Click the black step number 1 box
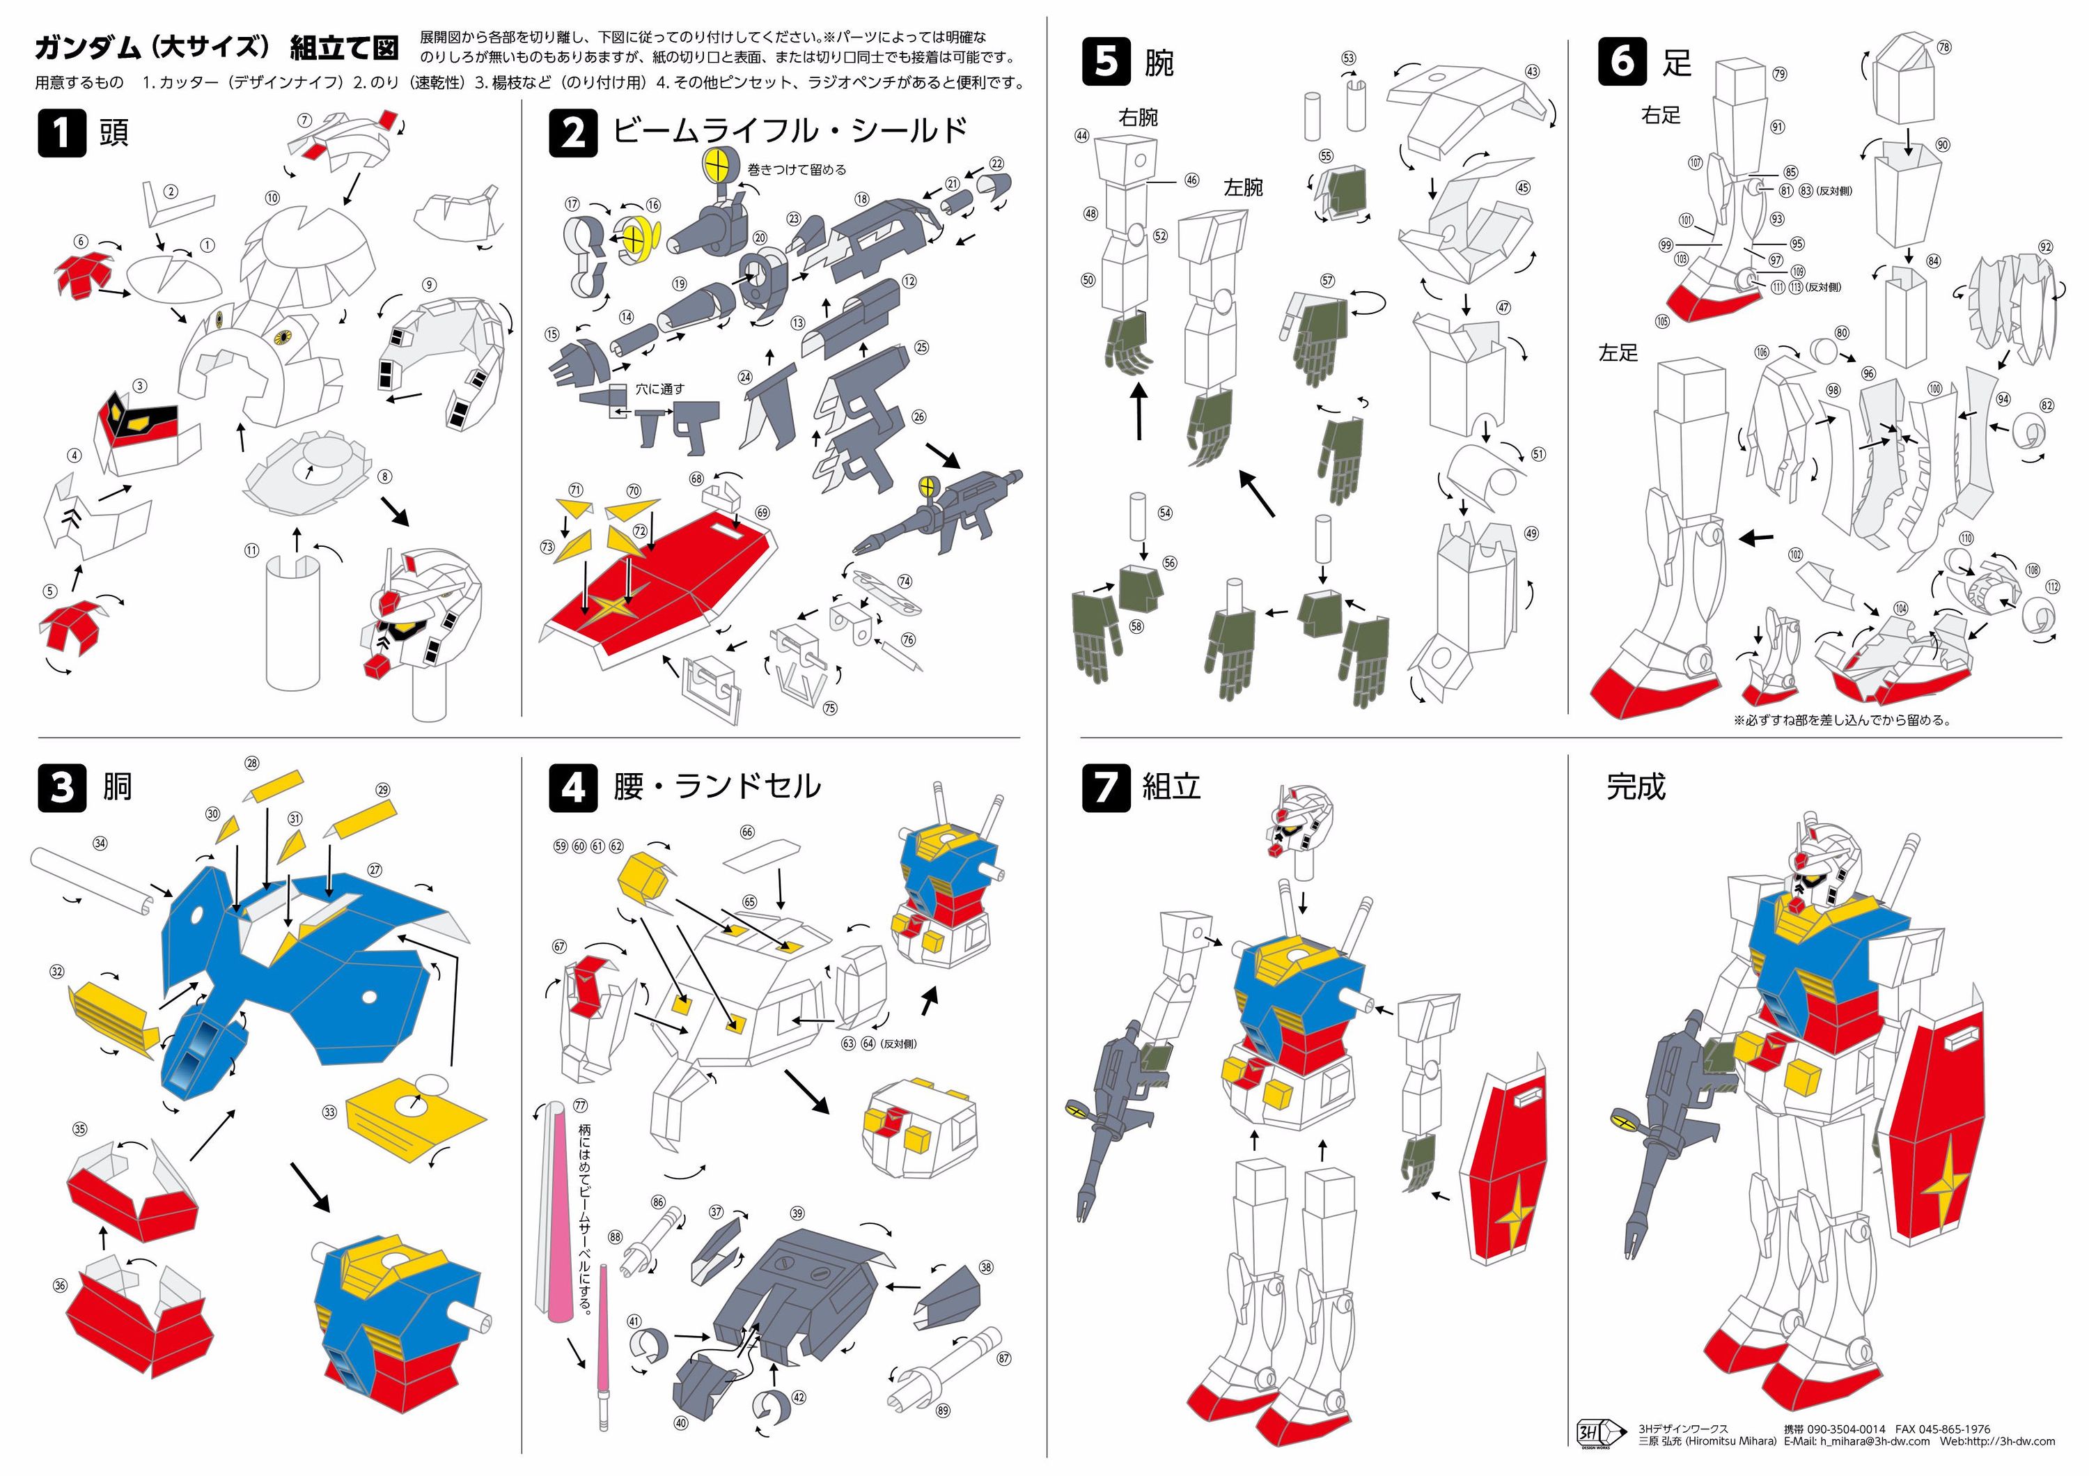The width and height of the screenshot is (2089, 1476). [x=62, y=133]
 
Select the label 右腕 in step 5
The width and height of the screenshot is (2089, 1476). [x=1139, y=118]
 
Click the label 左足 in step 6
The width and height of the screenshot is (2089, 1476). [x=1618, y=353]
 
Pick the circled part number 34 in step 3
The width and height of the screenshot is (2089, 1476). [x=100, y=844]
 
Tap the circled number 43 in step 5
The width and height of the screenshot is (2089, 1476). [x=1532, y=72]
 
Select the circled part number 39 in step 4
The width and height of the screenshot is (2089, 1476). [x=797, y=1213]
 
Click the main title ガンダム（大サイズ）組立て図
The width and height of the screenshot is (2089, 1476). [x=217, y=47]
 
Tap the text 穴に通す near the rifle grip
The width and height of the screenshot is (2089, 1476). [x=659, y=389]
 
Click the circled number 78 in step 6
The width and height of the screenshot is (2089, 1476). [x=1943, y=47]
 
